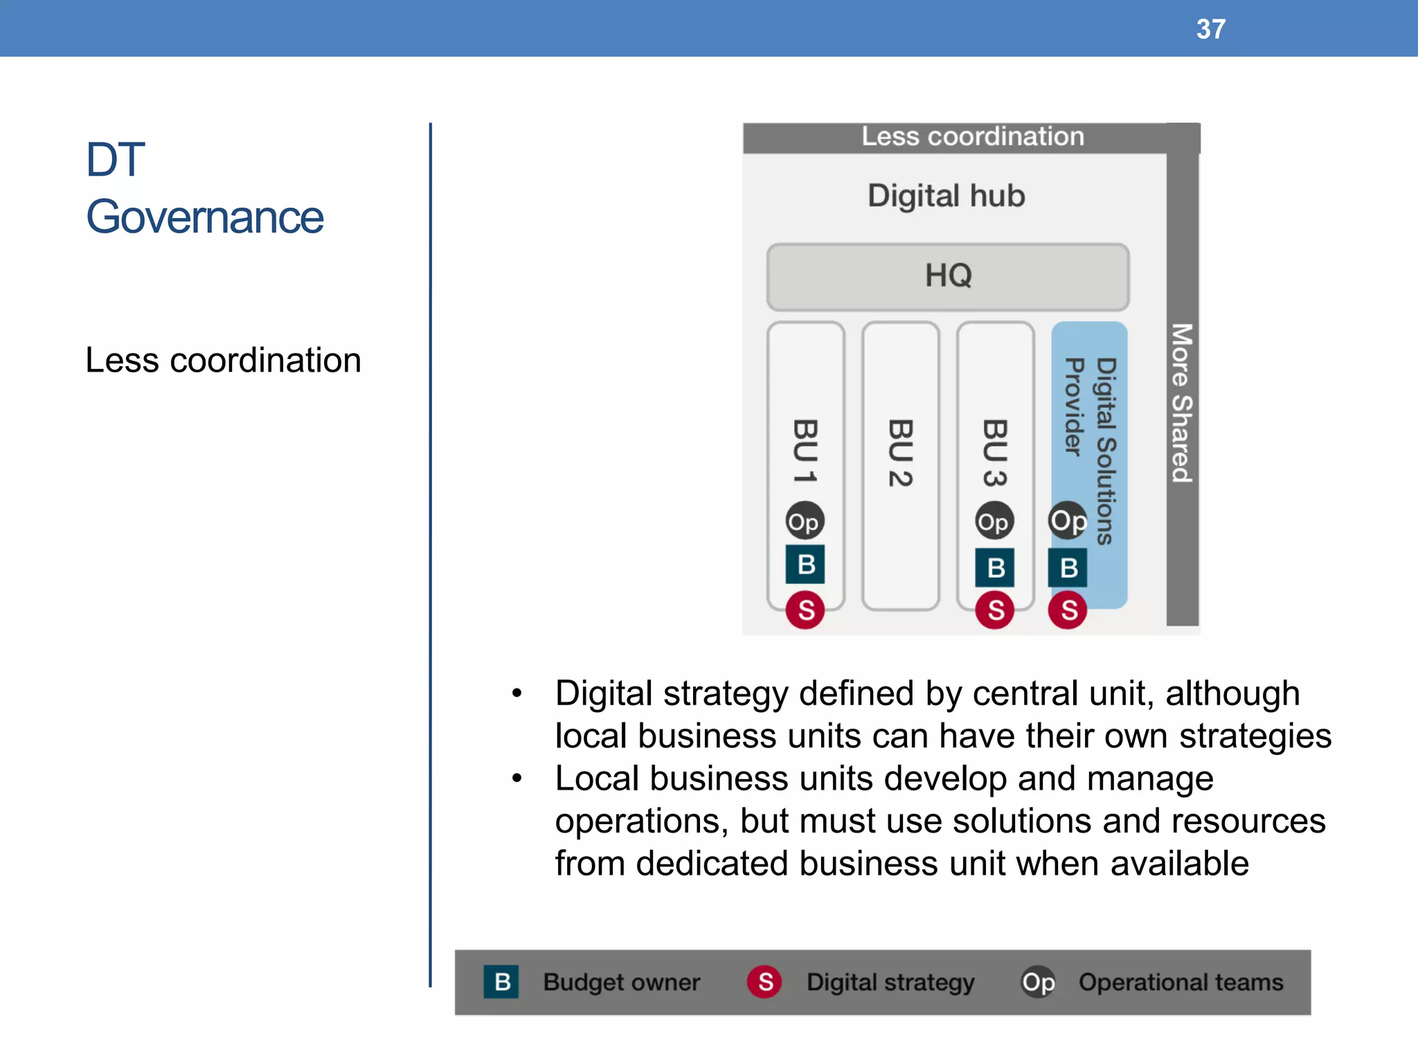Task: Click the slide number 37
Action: coord(1211,29)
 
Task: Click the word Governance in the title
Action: coord(204,217)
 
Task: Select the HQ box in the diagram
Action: coord(948,276)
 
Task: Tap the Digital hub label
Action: coord(946,196)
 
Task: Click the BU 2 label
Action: coord(900,453)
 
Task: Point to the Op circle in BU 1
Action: coord(805,521)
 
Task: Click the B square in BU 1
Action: coord(805,565)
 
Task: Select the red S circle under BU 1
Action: coord(805,610)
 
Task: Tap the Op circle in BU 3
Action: coord(994,521)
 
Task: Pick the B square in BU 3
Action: coord(995,567)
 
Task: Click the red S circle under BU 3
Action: coord(995,610)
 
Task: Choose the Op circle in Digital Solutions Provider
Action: coord(1068,521)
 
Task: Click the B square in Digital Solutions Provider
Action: coord(1068,567)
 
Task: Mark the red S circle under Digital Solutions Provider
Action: coord(1068,610)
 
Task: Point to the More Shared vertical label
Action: coord(1182,403)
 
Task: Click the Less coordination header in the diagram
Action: coord(972,137)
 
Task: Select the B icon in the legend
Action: coord(502,981)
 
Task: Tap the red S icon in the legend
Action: coord(764,981)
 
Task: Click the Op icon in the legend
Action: coord(1038,981)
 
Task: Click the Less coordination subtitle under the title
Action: coord(223,361)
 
